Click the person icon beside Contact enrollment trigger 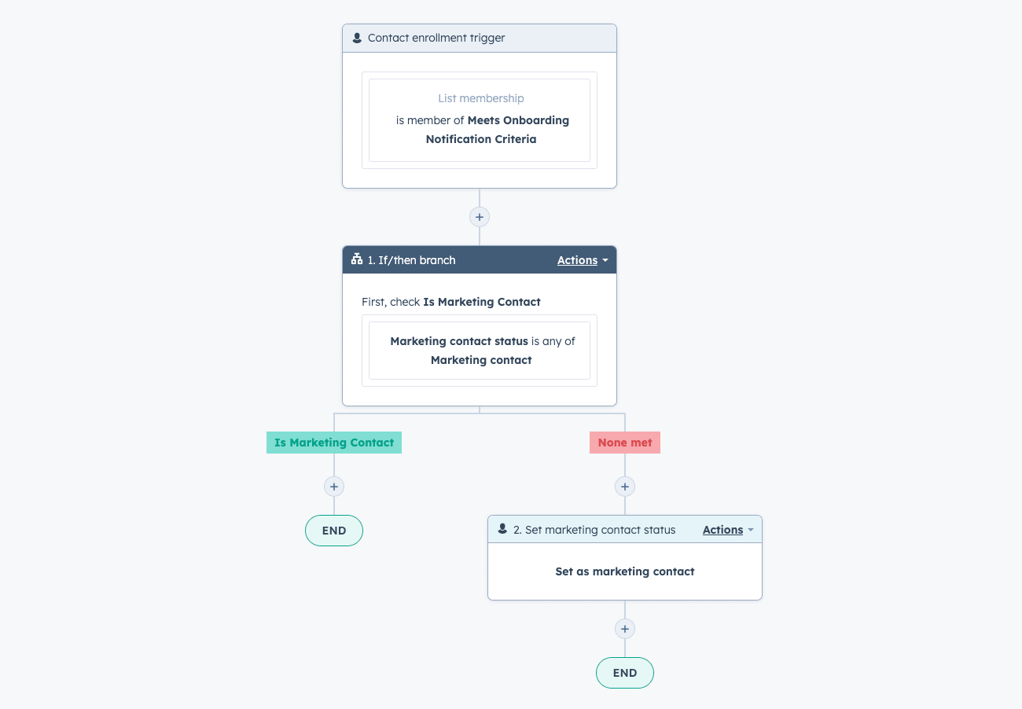(357, 38)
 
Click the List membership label (481, 98)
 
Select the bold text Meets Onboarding (518, 120)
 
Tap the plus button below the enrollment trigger (480, 217)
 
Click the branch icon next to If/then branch (357, 259)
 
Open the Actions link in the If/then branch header (583, 260)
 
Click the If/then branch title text (411, 260)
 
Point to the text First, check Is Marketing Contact (450, 302)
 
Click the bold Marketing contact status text (459, 341)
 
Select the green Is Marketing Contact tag (334, 443)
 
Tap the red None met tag (625, 443)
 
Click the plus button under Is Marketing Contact (334, 487)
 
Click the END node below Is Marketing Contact (334, 531)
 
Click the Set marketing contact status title (594, 530)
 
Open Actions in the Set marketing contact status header (728, 530)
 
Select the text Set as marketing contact (625, 571)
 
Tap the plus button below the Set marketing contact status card (625, 629)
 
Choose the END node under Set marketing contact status (625, 673)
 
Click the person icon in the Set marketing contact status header (502, 529)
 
